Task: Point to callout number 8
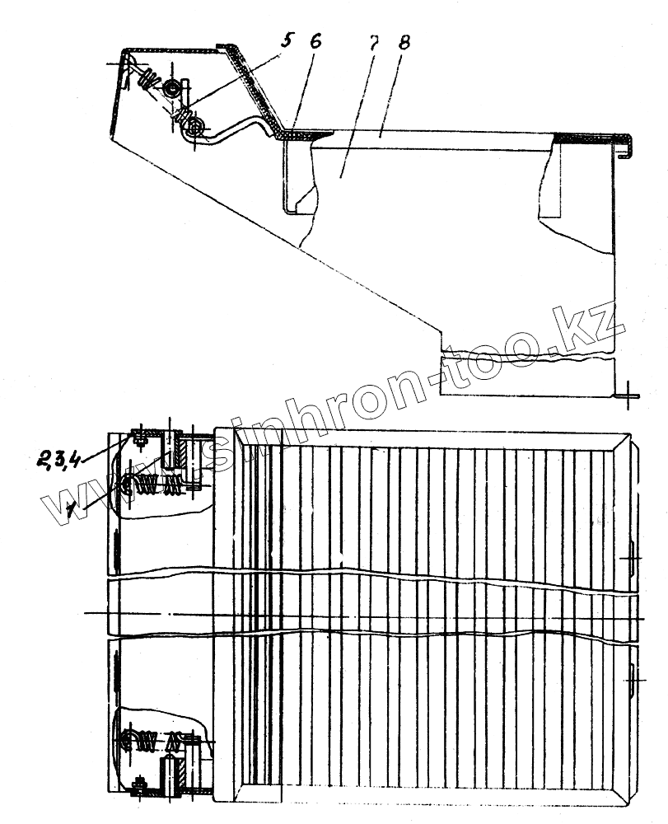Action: point(404,44)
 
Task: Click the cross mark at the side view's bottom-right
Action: point(628,394)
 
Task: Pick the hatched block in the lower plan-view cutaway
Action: point(175,775)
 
